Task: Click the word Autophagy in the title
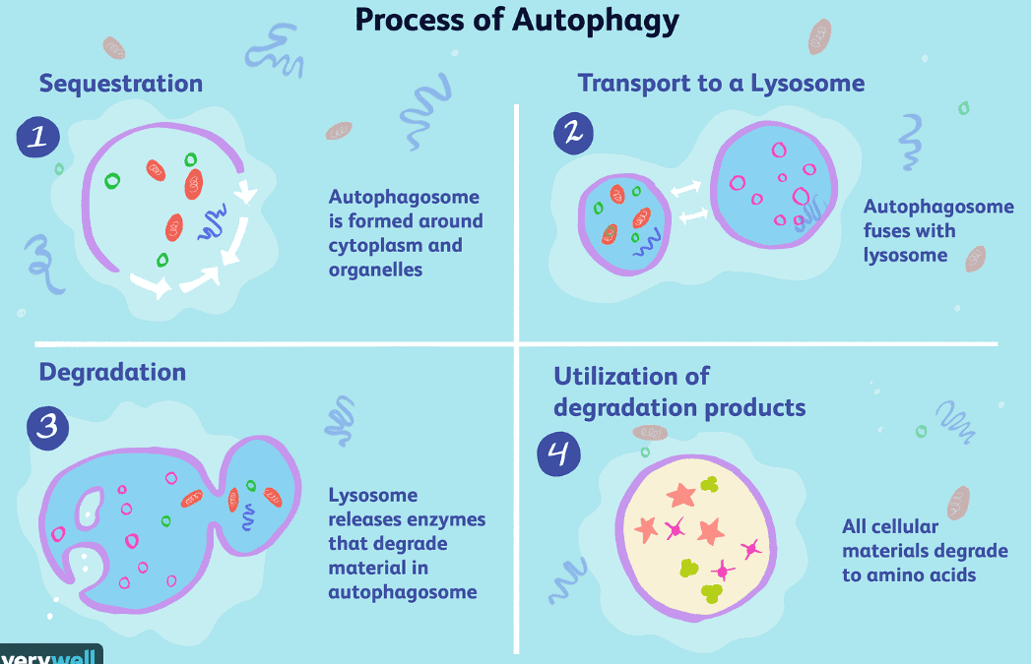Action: tap(596, 20)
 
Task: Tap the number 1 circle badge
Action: tap(38, 138)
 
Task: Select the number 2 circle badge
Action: tap(573, 134)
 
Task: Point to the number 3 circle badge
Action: tap(48, 428)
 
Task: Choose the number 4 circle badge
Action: tap(559, 453)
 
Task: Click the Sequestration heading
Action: tap(121, 84)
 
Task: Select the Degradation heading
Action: tap(112, 373)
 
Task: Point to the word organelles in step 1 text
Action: tap(375, 270)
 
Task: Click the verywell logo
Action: tap(50, 655)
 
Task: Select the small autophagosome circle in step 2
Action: tap(624, 224)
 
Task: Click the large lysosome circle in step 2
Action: tap(775, 185)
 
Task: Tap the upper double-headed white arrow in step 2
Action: tap(685, 189)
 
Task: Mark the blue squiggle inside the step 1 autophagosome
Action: tap(213, 222)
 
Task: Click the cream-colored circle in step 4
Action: tap(695, 538)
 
